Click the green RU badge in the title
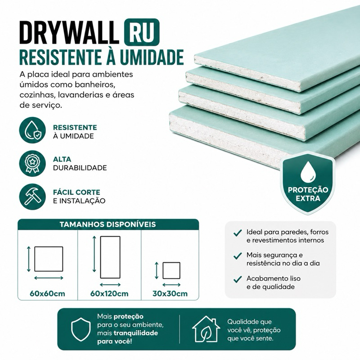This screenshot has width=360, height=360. [x=142, y=32]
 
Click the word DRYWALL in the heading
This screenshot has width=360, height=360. [x=69, y=32]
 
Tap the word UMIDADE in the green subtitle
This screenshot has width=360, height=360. [x=152, y=57]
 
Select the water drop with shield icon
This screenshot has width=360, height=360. [x=32, y=130]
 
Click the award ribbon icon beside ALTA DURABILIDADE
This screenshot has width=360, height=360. [x=32, y=163]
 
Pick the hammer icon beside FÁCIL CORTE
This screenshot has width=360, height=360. [x=32, y=197]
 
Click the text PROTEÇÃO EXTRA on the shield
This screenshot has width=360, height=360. [x=308, y=194]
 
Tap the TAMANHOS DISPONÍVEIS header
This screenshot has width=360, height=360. [x=108, y=224]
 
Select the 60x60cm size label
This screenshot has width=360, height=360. [x=47, y=293]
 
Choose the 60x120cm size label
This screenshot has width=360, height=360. [x=109, y=293]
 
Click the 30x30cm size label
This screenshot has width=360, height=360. [x=170, y=293]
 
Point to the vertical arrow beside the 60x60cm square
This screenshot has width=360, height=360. [x=29, y=259]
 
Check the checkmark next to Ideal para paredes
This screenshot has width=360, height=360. [x=238, y=233]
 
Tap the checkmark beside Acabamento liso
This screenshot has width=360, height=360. [x=238, y=279]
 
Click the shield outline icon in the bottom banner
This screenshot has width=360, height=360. [x=81, y=329]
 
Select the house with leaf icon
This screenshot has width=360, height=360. [x=206, y=329]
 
